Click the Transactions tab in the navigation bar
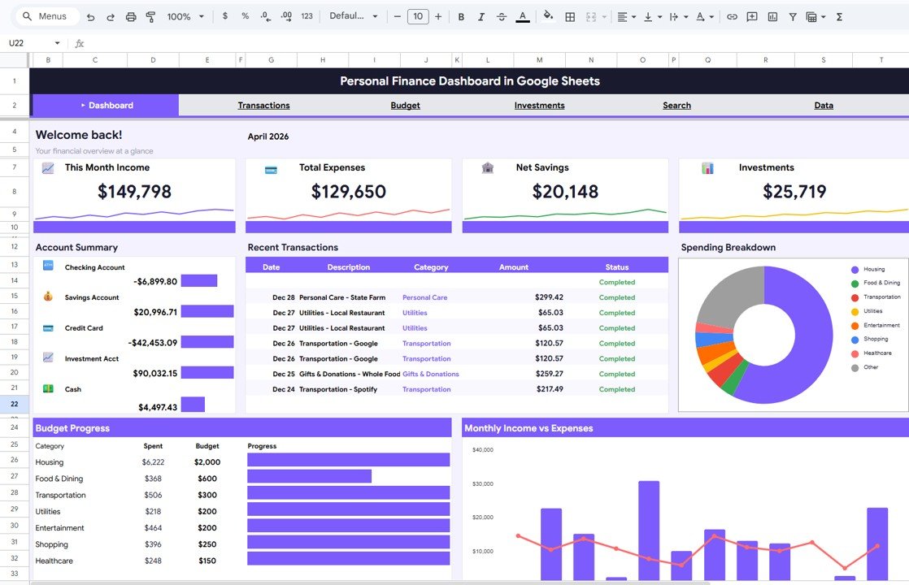pyautogui.click(x=263, y=106)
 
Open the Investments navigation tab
pyautogui.click(x=539, y=106)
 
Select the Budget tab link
pyautogui.click(x=405, y=106)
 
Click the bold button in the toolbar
pyautogui.click(x=461, y=16)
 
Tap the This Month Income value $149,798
pyautogui.click(x=134, y=192)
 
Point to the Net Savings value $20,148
pyautogui.click(x=565, y=192)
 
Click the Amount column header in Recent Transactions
pyautogui.click(x=513, y=267)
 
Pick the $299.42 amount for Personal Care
pyautogui.click(x=549, y=297)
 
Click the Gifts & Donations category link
pyautogui.click(x=430, y=375)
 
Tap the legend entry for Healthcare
pyautogui.click(x=877, y=353)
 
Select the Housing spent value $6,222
pyautogui.click(x=153, y=462)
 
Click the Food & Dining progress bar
pyautogui.click(x=309, y=476)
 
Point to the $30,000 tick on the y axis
pyautogui.click(x=482, y=484)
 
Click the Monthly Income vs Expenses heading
pyautogui.click(x=528, y=428)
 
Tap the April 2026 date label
pyautogui.click(x=268, y=136)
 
